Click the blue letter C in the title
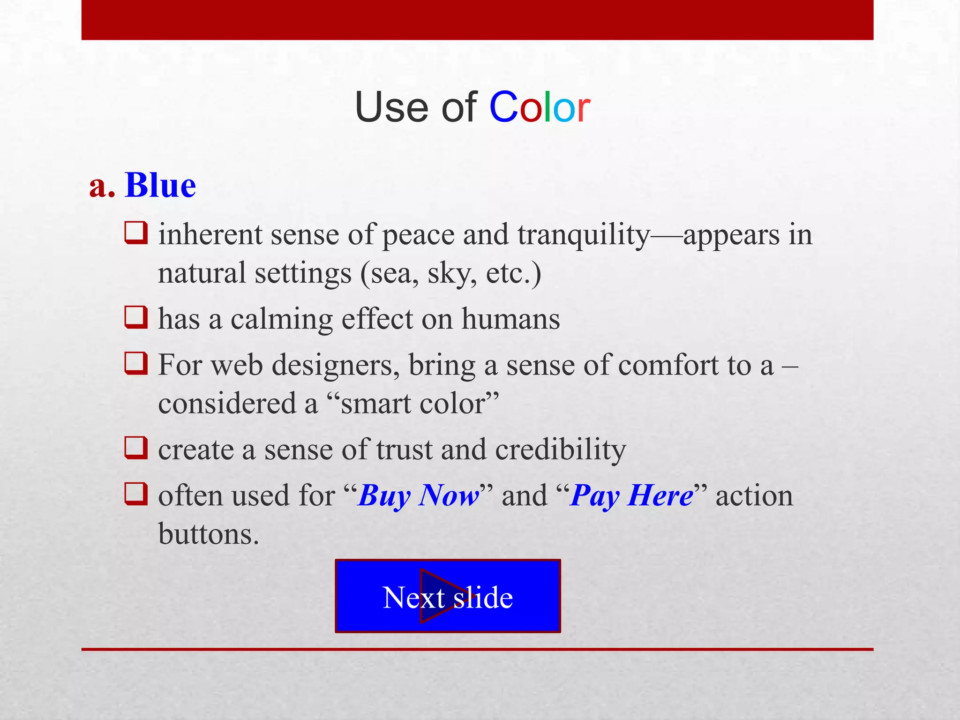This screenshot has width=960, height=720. click(503, 107)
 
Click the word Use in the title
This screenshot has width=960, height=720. click(392, 107)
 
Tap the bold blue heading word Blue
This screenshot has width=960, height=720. click(160, 185)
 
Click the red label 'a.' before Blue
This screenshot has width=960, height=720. click(102, 186)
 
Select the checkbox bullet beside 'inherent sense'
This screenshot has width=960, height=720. click(136, 233)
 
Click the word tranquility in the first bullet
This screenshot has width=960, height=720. click(584, 235)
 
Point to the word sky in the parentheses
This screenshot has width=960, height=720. click(452, 274)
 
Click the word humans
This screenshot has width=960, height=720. click(510, 319)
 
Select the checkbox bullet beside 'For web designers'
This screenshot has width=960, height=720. click(136, 363)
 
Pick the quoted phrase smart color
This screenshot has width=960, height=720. click(412, 404)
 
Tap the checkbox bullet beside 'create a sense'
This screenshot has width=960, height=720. click(136, 447)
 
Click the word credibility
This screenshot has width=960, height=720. click(561, 450)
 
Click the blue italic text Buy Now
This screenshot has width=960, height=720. click(419, 496)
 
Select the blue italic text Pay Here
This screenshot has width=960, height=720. click(631, 496)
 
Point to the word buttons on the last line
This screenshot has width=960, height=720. click(208, 534)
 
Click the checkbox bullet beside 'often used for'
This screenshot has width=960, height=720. click(136, 494)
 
